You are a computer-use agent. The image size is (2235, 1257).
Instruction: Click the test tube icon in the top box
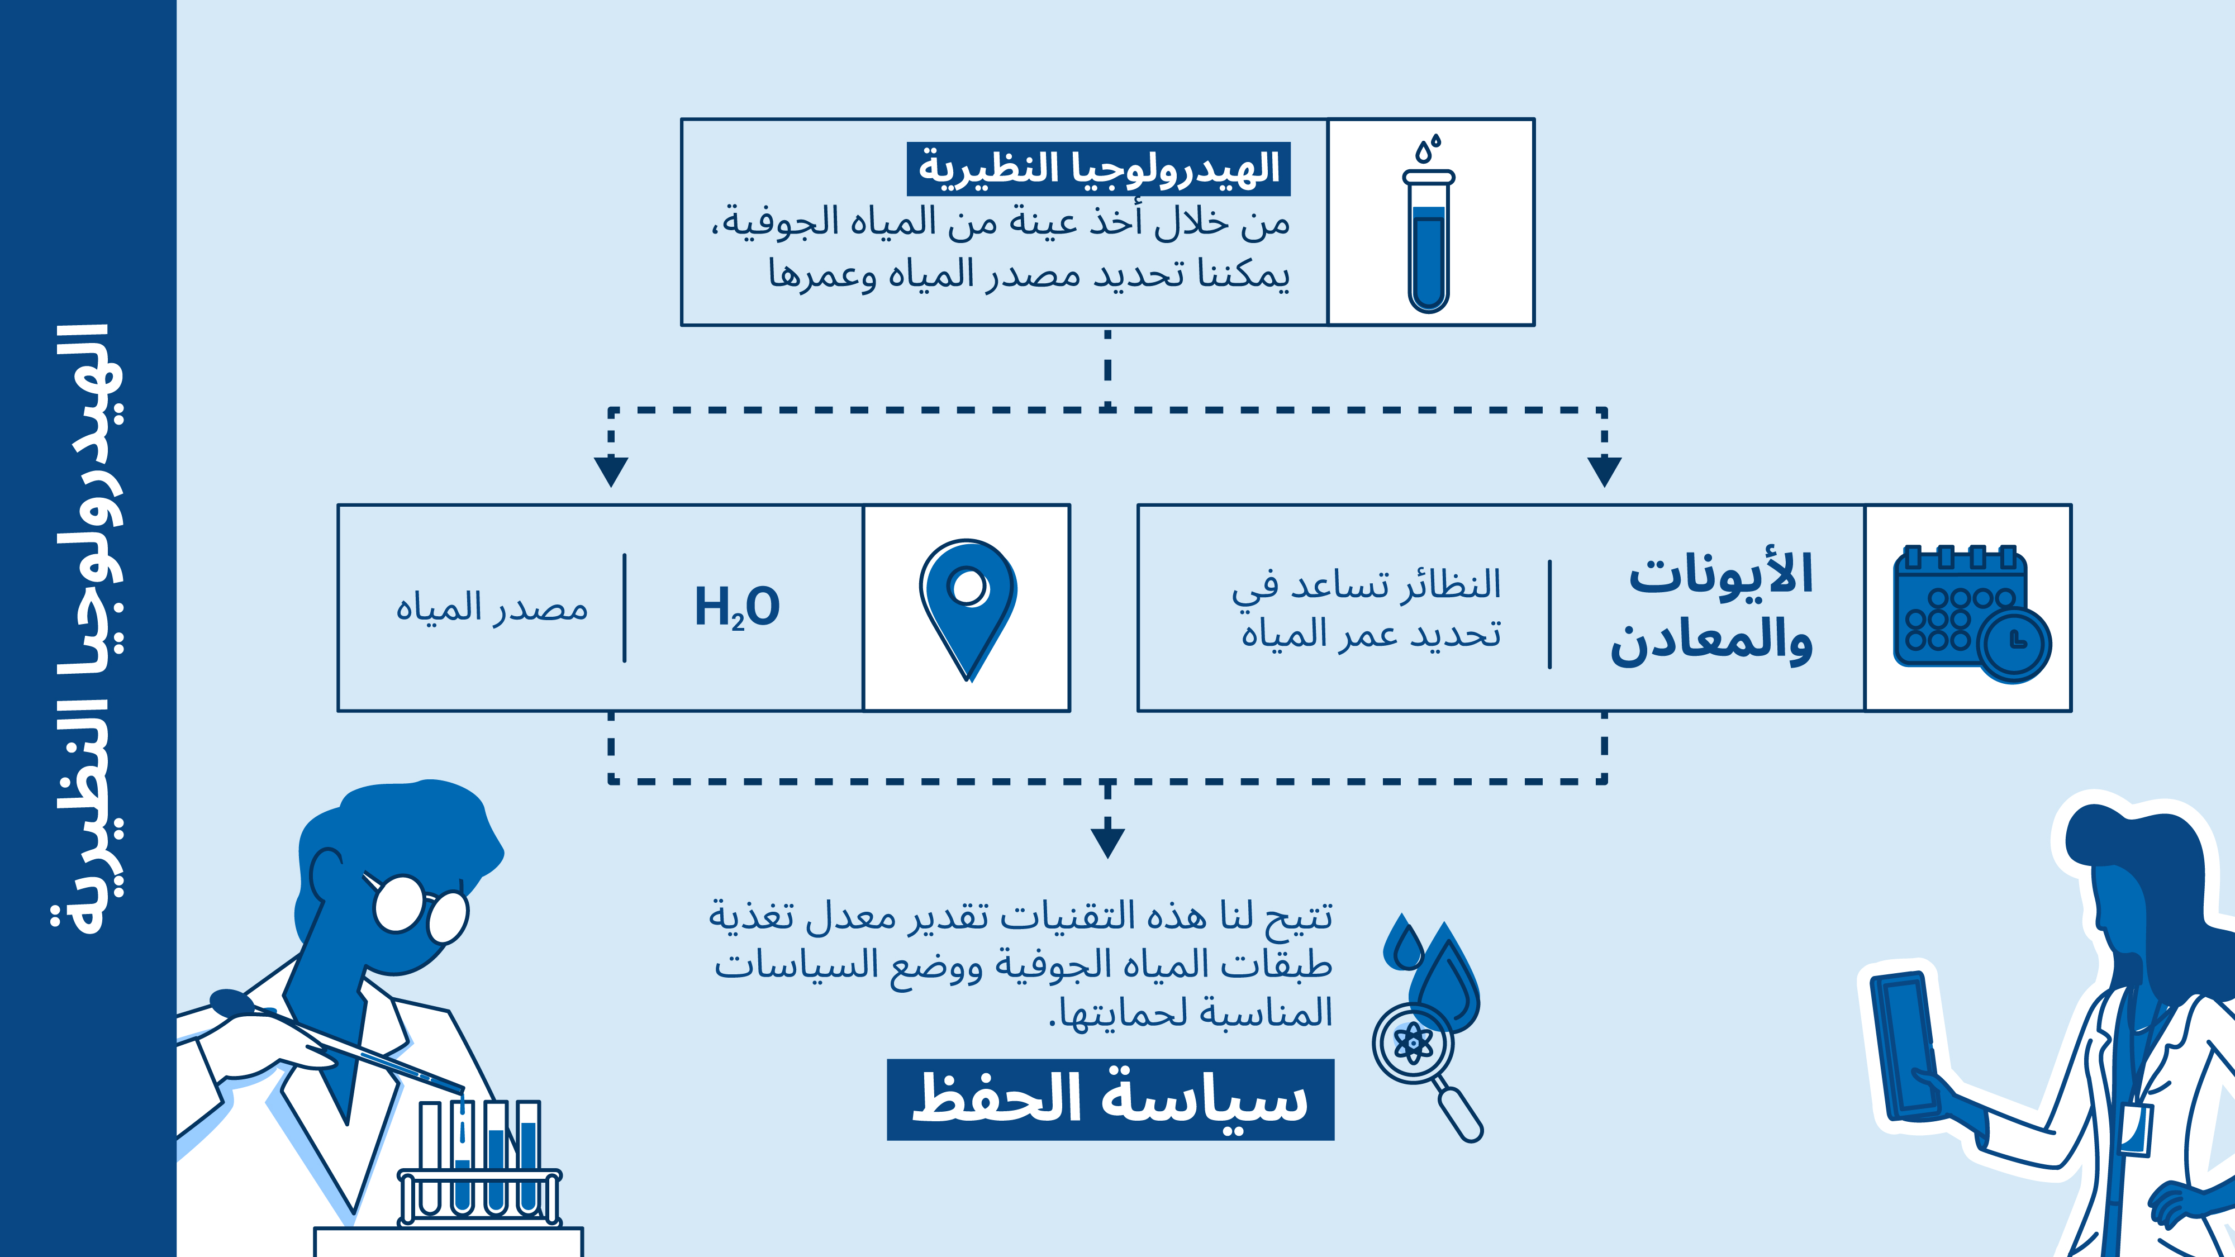[1428, 224]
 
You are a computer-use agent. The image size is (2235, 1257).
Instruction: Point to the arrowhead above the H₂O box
[611, 471]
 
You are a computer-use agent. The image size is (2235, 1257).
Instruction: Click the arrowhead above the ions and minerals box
[1604, 471]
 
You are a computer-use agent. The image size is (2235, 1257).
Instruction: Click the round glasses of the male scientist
[421, 907]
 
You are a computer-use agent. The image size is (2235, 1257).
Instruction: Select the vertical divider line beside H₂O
[625, 608]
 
